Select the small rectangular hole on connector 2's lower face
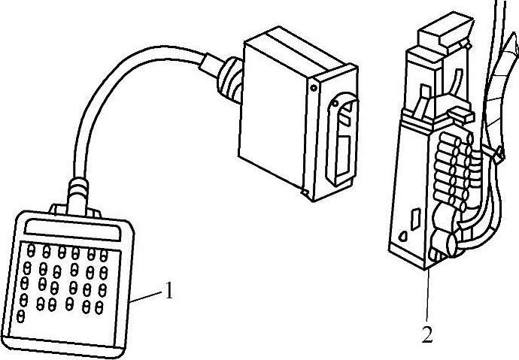click(414, 220)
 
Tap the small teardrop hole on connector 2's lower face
click(403, 235)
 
